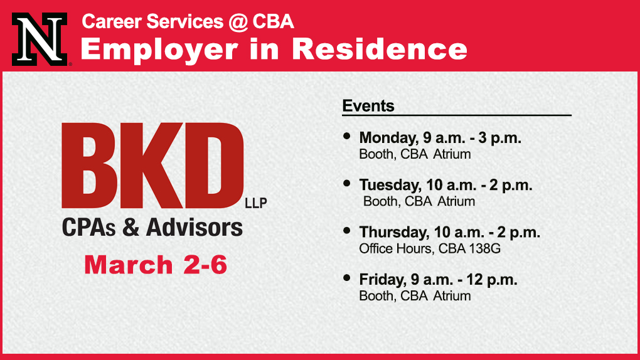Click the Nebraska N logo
pyautogui.click(x=40, y=39)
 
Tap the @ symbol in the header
pyautogui.click(x=238, y=21)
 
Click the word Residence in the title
pyautogui.click(x=380, y=49)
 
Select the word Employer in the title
pyautogui.click(x=159, y=50)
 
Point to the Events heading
pyautogui.click(x=368, y=106)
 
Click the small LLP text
pyautogui.click(x=256, y=203)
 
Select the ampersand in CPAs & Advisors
pyautogui.click(x=131, y=227)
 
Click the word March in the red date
pyautogui.click(x=129, y=265)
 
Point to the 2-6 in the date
pyautogui.click(x=205, y=265)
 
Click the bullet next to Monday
pyautogui.click(x=347, y=136)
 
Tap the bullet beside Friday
pyautogui.click(x=347, y=278)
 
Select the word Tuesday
pyautogui.click(x=390, y=185)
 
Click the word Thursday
pyautogui.click(x=393, y=232)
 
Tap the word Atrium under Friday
pyautogui.click(x=452, y=296)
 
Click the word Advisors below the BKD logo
pyautogui.click(x=195, y=227)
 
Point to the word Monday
pyautogui.click(x=388, y=138)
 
